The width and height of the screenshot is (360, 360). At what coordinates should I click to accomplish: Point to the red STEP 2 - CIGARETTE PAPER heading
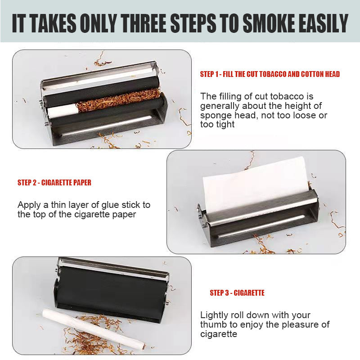tap(54, 183)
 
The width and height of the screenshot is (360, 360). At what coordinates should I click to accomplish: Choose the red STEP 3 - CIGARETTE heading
tap(237, 293)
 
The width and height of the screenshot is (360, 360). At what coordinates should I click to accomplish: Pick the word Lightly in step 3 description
tap(215, 315)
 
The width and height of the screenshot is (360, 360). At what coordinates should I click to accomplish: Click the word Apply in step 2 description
tap(29, 205)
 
